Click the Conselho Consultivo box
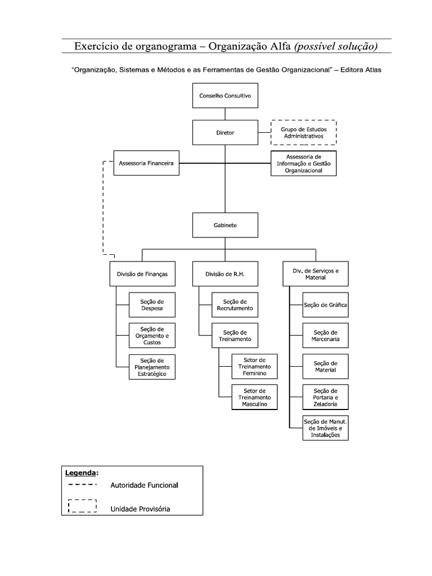click(225, 96)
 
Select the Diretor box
click(225, 133)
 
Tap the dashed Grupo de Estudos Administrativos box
click(304, 133)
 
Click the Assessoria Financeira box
click(146, 163)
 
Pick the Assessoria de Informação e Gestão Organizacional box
click(304, 164)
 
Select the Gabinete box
click(225, 225)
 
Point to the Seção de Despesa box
click(152, 305)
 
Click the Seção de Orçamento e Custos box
click(152, 336)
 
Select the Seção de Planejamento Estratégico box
click(152, 367)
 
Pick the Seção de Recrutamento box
click(235, 305)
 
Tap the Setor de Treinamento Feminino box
click(254, 367)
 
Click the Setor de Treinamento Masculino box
click(254, 398)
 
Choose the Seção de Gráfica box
click(325, 305)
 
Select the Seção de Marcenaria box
click(325, 336)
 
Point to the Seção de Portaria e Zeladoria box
click(325, 398)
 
